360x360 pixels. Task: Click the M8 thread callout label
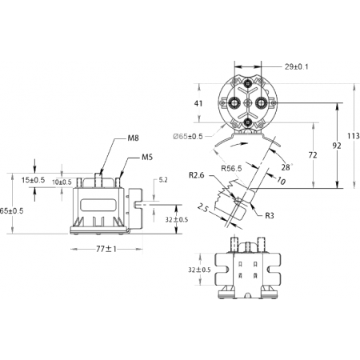coord(133,138)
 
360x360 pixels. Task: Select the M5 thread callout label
coord(147,157)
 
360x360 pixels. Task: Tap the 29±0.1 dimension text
coord(296,66)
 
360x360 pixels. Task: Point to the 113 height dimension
coord(354,136)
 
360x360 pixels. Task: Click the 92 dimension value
coord(337,146)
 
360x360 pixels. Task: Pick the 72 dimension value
coord(313,155)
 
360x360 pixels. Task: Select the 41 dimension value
coord(198,103)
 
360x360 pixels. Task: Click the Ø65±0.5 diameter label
coord(188,137)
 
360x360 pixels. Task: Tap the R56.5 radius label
coord(231,169)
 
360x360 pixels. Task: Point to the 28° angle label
coord(286,167)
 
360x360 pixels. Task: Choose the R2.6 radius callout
coord(197,175)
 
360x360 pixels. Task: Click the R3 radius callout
coord(270,215)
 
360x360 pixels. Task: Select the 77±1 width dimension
coord(106,249)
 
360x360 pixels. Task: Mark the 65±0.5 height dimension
coord(11,211)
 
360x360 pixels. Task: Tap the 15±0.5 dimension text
coord(33,180)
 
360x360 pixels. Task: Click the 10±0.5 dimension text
coord(62,182)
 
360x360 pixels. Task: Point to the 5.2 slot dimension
coord(163,180)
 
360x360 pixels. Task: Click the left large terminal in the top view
coord(234,102)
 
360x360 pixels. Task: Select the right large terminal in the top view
coord(261,102)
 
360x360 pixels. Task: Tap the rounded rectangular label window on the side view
coord(98,205)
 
